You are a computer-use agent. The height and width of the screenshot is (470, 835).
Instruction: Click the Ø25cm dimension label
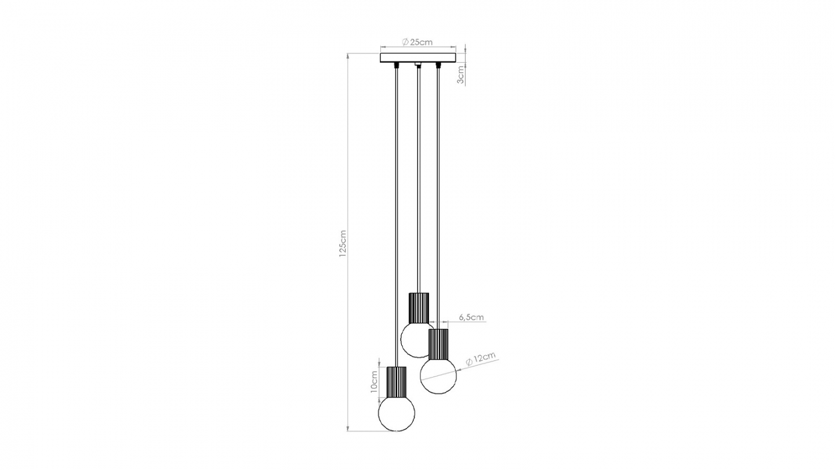[x=418, y=42]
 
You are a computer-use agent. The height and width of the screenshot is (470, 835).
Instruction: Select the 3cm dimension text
[x=460, y=75]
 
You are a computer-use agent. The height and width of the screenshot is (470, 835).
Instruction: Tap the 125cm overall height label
[x=343, y=243]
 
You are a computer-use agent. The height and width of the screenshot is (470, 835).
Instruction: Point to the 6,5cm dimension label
[x=471, y=317]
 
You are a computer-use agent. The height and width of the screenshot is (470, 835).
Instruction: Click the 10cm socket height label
[x=375, y=382]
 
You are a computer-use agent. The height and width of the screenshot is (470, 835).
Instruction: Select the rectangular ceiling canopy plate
[x=418, y=57]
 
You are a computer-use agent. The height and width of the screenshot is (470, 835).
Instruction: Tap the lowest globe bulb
[x=396, y=413]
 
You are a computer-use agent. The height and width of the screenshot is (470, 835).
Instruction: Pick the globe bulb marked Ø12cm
[x=438, y=375]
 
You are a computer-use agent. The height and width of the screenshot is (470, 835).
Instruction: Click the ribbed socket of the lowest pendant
[x=396, y=381]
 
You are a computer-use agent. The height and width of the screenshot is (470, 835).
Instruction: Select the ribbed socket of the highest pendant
[x=418, y=308]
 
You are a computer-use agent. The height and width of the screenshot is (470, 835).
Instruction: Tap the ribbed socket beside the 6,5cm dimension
[x=438, y=344]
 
